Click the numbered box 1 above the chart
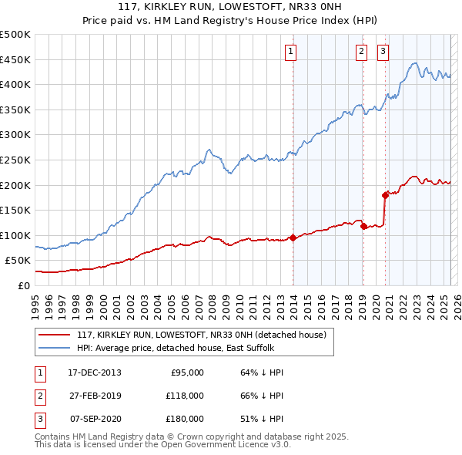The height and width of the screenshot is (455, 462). [291, 52]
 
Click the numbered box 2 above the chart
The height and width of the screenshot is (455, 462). [361, 52]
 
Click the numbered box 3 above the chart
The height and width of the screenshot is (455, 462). [383, 52]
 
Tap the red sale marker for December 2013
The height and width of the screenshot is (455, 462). [293, 238]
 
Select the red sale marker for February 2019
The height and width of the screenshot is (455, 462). [363, 226]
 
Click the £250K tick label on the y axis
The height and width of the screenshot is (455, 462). [15, 160]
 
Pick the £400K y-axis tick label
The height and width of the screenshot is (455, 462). [15, 84]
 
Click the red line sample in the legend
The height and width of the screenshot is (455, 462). [54, 335]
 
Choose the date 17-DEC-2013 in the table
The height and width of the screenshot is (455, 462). [95, 372]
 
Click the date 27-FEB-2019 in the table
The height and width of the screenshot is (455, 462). [95, 396]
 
